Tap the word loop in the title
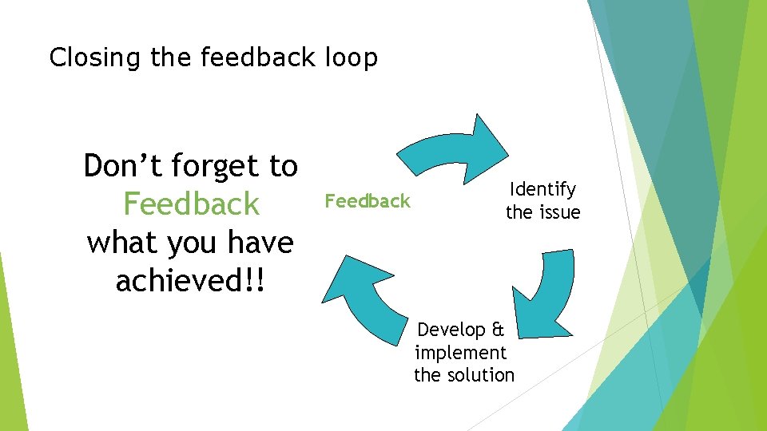point(351,58)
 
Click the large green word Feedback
point(192,204)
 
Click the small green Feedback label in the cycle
point(367,201)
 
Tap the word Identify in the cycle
point(542,190)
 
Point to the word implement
point(460,353)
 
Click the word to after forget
point(283,167)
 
